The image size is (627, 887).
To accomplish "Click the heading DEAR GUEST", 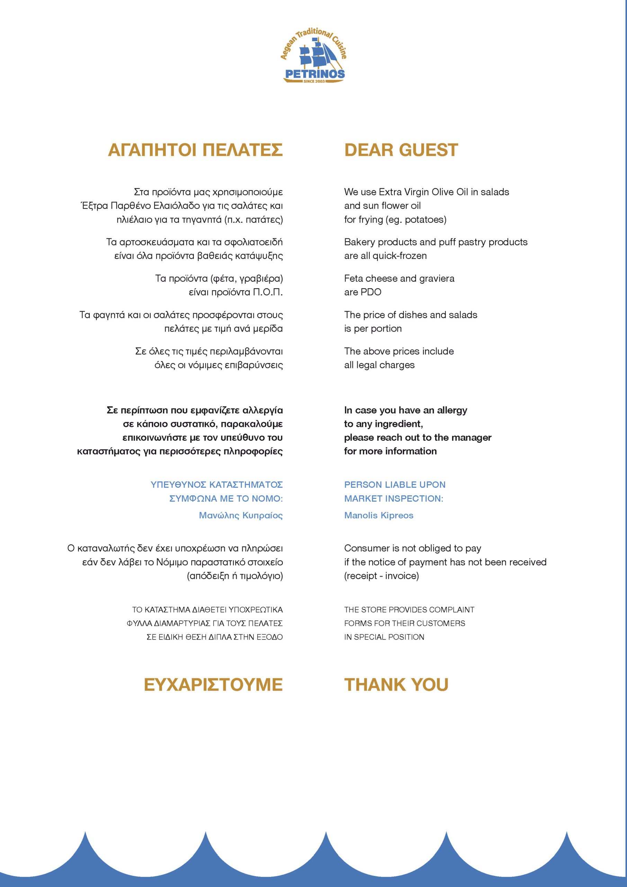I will tap(401, 150).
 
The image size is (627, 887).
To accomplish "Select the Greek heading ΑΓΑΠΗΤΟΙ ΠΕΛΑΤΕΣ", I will tap(195, 150).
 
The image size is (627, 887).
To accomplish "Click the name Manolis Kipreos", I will tap(378, 515).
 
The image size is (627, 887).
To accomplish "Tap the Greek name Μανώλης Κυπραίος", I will tap(241, 515).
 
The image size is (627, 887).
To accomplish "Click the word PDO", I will tap(371, 292).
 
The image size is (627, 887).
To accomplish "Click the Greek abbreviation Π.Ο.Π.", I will tap(268, 292).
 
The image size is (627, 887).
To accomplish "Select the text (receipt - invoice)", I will tap(381, 576).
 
